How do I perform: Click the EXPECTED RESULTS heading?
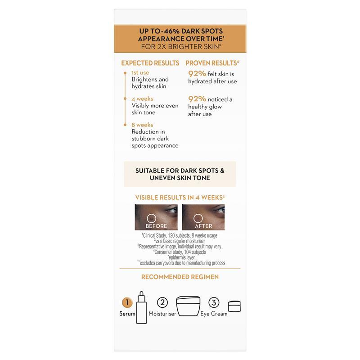pos(150,63)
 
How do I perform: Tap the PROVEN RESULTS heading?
pos(212,63)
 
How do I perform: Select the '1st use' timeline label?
pos(140,72)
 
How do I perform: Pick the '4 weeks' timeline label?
pos(142,99)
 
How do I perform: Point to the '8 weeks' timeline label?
pos(142,125)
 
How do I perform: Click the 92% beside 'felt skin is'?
pos(197,74)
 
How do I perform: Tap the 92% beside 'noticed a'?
pos(197,99)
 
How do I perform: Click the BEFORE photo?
pos(156,217)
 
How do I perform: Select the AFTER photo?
pos(203,217)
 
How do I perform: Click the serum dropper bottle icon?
pos(141,308)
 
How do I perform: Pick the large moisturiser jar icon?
pos(188,306)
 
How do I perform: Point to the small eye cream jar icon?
pos(234,306)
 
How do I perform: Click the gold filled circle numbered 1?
pos(127,302)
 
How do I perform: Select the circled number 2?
pos(162,302)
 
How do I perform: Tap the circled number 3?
pos(214,302)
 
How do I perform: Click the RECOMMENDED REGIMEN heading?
pos(180,277)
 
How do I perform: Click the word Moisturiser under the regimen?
pos(162,314)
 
